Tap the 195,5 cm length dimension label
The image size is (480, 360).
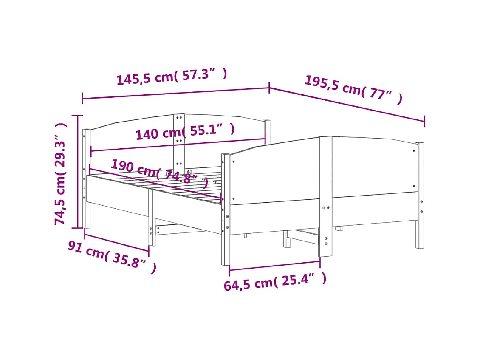[x=353, y=89]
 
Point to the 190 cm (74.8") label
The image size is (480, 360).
[x=160, y=173]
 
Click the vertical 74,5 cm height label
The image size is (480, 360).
[x=61, y=173]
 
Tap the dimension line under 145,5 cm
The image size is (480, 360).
[x=175, y=93]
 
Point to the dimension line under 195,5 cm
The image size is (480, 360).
[x=347, y=105]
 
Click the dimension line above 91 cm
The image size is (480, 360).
[x=117, y=243]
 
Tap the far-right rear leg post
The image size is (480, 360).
[x=420, y=196]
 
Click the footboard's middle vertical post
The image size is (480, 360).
[x=325, y=196]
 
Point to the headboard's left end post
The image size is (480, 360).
[x=87, y=179]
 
